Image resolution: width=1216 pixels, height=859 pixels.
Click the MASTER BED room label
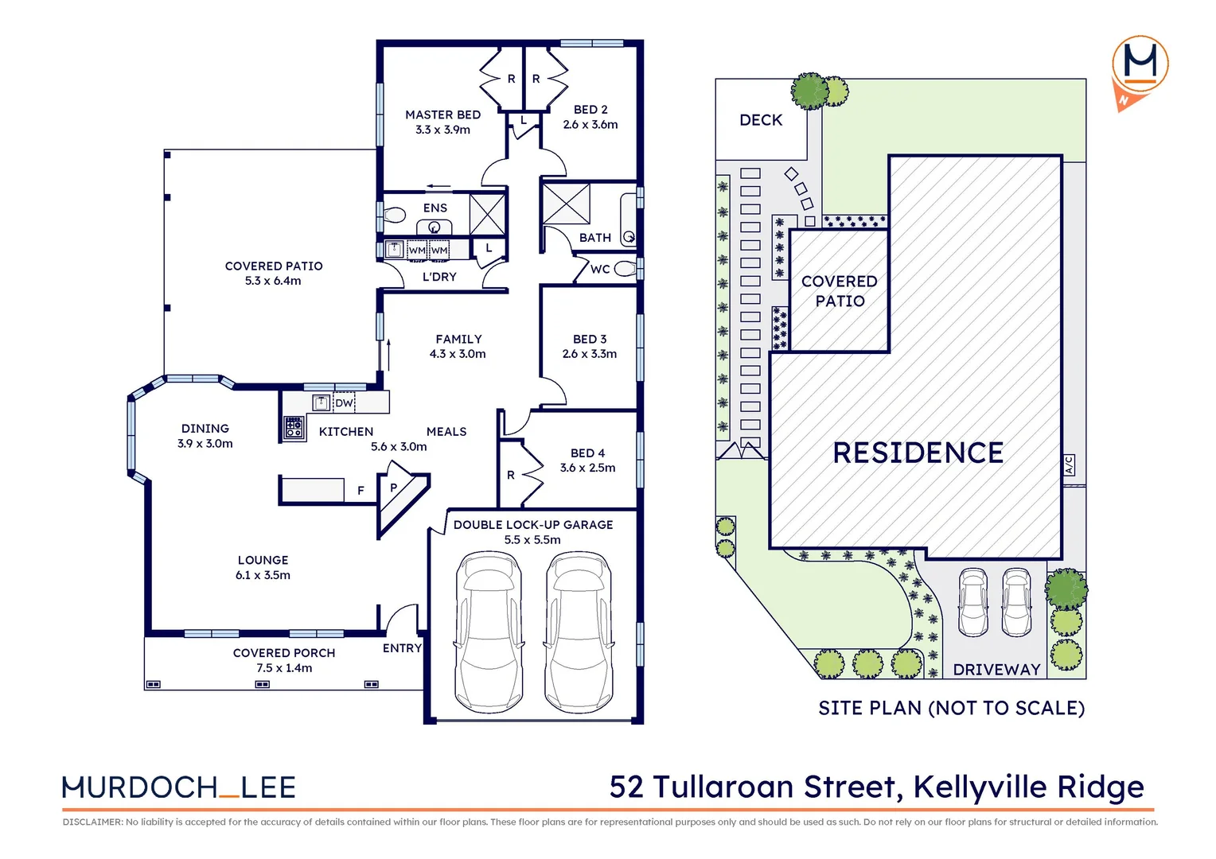[x=443, y=115]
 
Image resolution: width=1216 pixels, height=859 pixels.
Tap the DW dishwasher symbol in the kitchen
[x=344, y=402]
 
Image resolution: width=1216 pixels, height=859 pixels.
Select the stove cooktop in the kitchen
[x=294, y=427]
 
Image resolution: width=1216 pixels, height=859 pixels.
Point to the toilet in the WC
[x=626, y=269]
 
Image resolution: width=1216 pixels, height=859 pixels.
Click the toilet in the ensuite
[x=395, y=215]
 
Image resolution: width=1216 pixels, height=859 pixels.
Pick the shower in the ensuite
[x=487, y=214]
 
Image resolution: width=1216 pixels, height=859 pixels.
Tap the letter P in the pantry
[x=394, y=488]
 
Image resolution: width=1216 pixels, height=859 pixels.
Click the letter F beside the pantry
[x=361, y=491]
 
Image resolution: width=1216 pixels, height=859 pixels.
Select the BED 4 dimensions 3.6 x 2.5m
[x=588, y=468]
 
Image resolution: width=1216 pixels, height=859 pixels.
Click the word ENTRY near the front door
[x=402, y=648]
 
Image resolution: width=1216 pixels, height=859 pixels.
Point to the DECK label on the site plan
[x=761, y=120]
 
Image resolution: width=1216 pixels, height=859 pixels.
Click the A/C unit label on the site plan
[x=1069, y=465]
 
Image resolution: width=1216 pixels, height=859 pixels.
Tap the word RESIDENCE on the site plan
[x=918, y=453]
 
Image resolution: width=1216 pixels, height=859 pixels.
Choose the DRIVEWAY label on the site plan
[x=996, y=670]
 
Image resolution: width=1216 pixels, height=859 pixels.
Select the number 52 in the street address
[x=626, y=787]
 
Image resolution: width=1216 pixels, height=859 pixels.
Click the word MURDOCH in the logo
[x=139, y=787]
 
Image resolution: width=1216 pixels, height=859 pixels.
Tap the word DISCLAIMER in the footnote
[x=93, y=822]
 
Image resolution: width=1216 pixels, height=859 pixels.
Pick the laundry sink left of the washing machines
[x=394, y=250]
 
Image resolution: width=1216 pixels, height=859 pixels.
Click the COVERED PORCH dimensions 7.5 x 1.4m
[x=284, y=668]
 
